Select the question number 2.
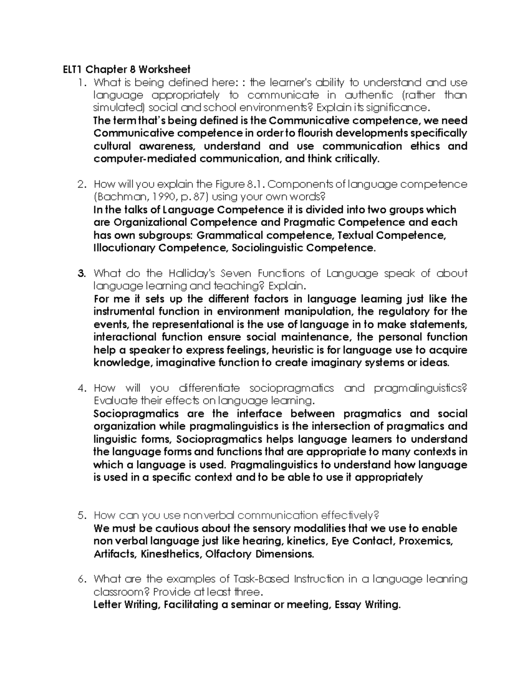pyautogui.click(x=81, y=184)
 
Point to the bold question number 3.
pyautogui.click(x=81, y=273)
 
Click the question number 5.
pyautogui.click(x=81, y=515)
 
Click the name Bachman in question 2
pyautogui.click(x=117, y=197)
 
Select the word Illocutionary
pyautogui.click(x=124, y=248)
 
